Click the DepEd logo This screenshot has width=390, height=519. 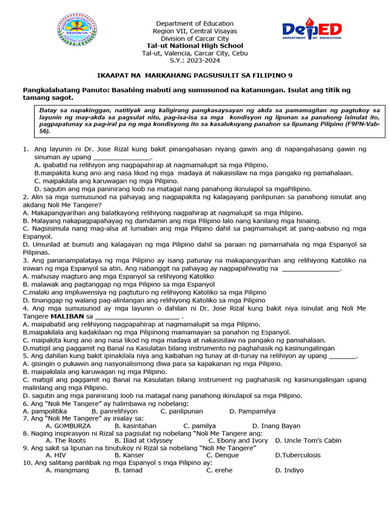coord(312,31)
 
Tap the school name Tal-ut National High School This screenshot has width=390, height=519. coord(194,46)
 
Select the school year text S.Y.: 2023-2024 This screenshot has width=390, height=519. coord(194,61)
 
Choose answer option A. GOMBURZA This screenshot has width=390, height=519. coord(68,426)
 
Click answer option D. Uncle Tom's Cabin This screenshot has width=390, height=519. coord(308,440)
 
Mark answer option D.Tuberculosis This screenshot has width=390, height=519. coord(298,455)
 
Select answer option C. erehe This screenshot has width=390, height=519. coord(219,470)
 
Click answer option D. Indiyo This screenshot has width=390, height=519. coord(289,470)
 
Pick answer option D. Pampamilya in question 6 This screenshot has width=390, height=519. coord(252,411)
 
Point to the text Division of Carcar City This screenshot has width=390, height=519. coord(194,39)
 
